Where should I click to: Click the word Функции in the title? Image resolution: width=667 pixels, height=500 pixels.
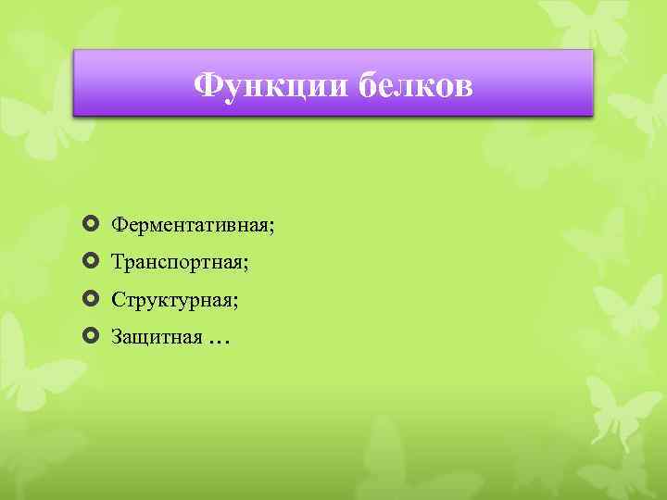(271, 87)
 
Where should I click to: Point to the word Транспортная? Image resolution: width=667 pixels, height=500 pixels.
(177, 263)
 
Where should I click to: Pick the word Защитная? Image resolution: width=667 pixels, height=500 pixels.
(157, 337)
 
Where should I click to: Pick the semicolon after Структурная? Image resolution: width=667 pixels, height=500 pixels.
(236, 303)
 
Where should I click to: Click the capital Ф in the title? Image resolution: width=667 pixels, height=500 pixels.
(208, 87)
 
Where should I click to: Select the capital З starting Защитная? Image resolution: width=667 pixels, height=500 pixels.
(117, 337)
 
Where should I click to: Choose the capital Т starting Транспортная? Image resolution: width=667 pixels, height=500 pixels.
(118, 262)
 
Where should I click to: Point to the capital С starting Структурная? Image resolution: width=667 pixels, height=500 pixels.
(118, 300)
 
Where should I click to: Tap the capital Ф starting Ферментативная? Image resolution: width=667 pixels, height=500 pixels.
(119, 225)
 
